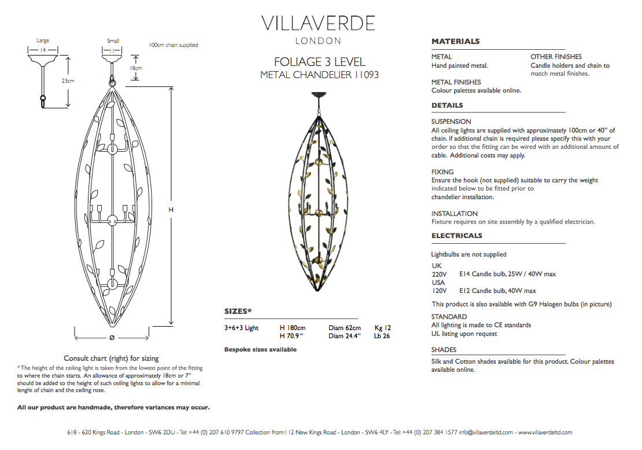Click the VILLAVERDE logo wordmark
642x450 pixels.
coord(318,23)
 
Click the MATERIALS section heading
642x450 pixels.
coord(455,41)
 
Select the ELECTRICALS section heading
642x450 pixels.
coord(456,236)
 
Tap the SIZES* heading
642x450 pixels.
coord(238,312)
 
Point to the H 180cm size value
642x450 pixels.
coord(293,328)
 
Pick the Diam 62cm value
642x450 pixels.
coord(344,328)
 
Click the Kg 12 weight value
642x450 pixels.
coord(382,328)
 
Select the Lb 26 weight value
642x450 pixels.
coord(382,336)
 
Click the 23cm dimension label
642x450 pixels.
coord(68,81)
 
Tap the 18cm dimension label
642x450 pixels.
coord(136,68)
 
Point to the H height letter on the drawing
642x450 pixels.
coord(171,210)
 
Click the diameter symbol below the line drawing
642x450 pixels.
coord(112,338)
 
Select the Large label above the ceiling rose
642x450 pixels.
coord(43,41)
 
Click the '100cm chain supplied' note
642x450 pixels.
coord(174,45)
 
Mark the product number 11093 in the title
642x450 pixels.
coord(367,75)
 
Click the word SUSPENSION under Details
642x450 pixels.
coord(451,122)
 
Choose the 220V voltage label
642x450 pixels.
coord(440,274)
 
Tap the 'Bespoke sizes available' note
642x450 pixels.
coord(260,350)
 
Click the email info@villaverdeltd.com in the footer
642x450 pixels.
coord(486,433)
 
